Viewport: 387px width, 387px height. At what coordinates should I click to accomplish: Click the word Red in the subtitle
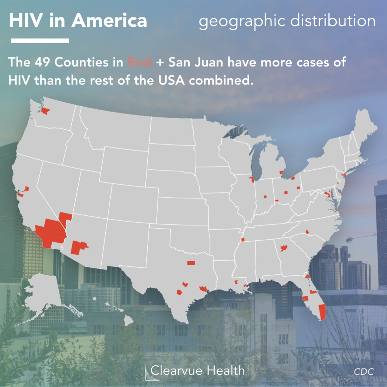(139, 62)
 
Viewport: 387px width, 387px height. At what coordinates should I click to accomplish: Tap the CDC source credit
(364, 372)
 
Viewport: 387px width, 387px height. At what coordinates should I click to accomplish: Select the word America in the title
(109, 21)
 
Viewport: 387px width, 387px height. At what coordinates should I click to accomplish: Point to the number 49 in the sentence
(42, 62)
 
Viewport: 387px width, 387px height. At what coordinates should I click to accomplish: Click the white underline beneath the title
(40, 41)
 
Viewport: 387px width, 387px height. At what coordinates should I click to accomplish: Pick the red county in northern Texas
(191, 263)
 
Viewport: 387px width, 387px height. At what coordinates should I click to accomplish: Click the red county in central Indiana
(265, 196)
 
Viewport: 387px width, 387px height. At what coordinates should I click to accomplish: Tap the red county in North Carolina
(307, 232)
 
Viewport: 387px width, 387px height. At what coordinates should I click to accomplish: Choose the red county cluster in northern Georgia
(284, 248)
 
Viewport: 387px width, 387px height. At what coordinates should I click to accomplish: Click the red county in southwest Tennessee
(243, 240)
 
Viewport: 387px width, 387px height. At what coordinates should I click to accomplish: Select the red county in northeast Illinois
(252, 179)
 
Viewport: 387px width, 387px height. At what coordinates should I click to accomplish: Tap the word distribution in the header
(333, 21)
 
